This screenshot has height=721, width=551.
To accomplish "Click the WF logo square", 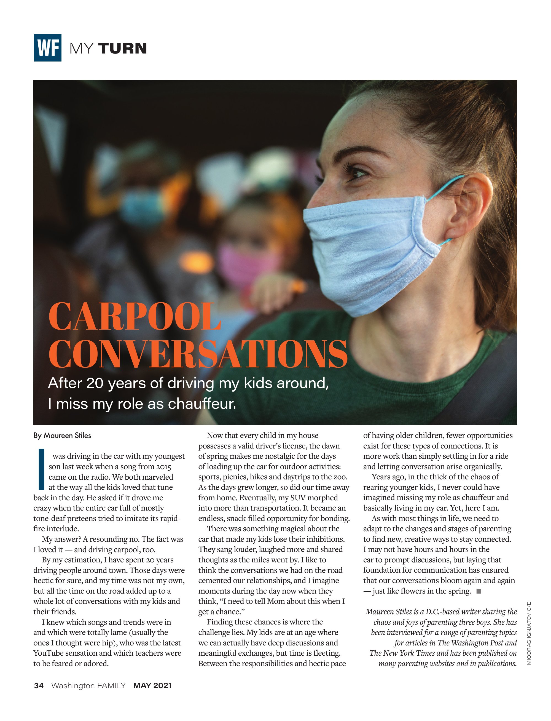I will click(48, 48).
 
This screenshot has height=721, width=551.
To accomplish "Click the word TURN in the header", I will click(122, 48).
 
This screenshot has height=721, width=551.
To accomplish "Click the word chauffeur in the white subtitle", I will click(202, 404).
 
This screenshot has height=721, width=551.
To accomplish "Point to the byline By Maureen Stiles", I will click(62, 436).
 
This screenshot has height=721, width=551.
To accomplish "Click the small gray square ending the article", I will click(479, 591).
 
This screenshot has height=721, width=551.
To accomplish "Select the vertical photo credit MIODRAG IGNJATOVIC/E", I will click(529, 633).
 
